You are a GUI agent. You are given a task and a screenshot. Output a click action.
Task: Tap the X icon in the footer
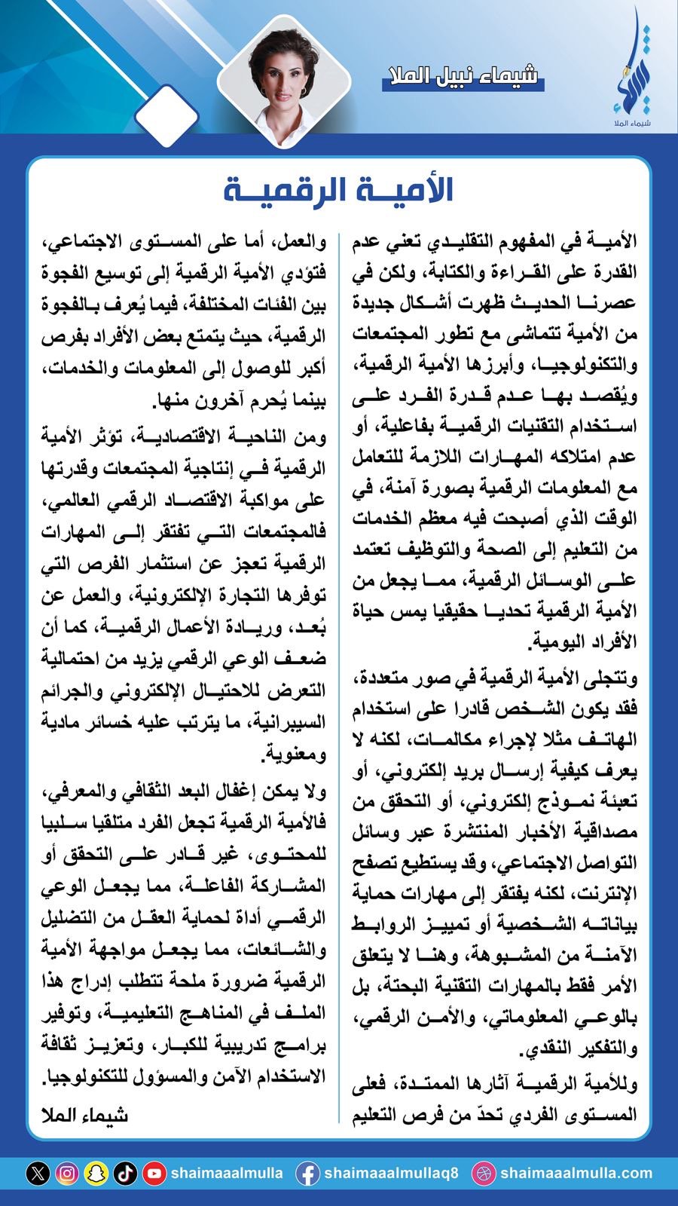click(38, 1174)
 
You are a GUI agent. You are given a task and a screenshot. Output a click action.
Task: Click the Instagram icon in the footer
click(67, 1174)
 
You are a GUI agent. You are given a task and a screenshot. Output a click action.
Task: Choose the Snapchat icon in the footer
click(96, 1174)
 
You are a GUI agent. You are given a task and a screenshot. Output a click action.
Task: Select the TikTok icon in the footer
click(124, 1174)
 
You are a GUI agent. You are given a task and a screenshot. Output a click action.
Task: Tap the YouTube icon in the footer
click(154, 1174)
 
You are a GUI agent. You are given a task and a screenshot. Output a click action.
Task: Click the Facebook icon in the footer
click(307, 1174)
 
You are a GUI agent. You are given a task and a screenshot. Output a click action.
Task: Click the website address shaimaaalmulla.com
click(576, 1174)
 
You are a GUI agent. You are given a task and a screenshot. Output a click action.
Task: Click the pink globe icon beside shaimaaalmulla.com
click(483, 1174)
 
